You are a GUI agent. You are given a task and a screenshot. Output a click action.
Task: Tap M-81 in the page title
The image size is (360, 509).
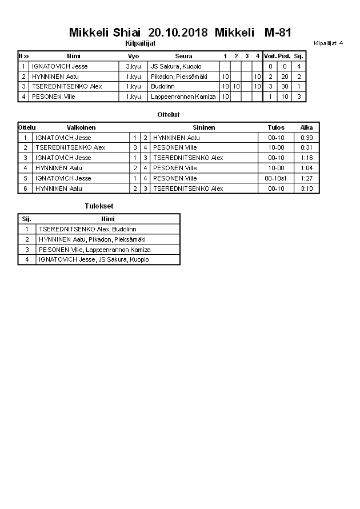[x=278, y=33]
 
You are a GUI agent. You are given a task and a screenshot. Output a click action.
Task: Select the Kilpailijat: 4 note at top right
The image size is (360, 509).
[x=328, y=43]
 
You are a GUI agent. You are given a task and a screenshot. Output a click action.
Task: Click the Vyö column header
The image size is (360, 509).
[x=133, y=56]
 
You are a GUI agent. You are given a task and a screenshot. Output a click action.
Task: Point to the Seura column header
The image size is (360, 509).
[x=183, y=56]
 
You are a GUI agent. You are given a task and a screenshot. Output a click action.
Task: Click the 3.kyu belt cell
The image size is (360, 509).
[x=133, y=66]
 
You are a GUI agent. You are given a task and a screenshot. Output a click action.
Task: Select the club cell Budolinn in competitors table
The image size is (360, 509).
[x=163, y=86]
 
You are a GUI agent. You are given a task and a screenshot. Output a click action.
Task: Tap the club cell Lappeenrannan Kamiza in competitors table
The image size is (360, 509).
[x=183, y=97]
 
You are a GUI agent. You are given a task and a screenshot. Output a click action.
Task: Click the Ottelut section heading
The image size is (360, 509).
[x=169, y=115]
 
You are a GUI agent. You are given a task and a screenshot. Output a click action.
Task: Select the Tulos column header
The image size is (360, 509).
[x=276, y=127]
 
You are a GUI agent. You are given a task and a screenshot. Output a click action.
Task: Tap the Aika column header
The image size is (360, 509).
[x=307, y=127]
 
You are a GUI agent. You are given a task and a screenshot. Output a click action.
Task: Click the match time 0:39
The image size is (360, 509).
[x=307, y=138]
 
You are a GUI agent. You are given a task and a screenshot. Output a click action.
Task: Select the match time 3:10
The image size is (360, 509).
[x=307, y=189]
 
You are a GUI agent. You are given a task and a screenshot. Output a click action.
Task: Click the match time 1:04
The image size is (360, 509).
[x=307, y=168]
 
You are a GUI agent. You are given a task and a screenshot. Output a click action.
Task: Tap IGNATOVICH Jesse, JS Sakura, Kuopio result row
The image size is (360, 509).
[x=94, y=259]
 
